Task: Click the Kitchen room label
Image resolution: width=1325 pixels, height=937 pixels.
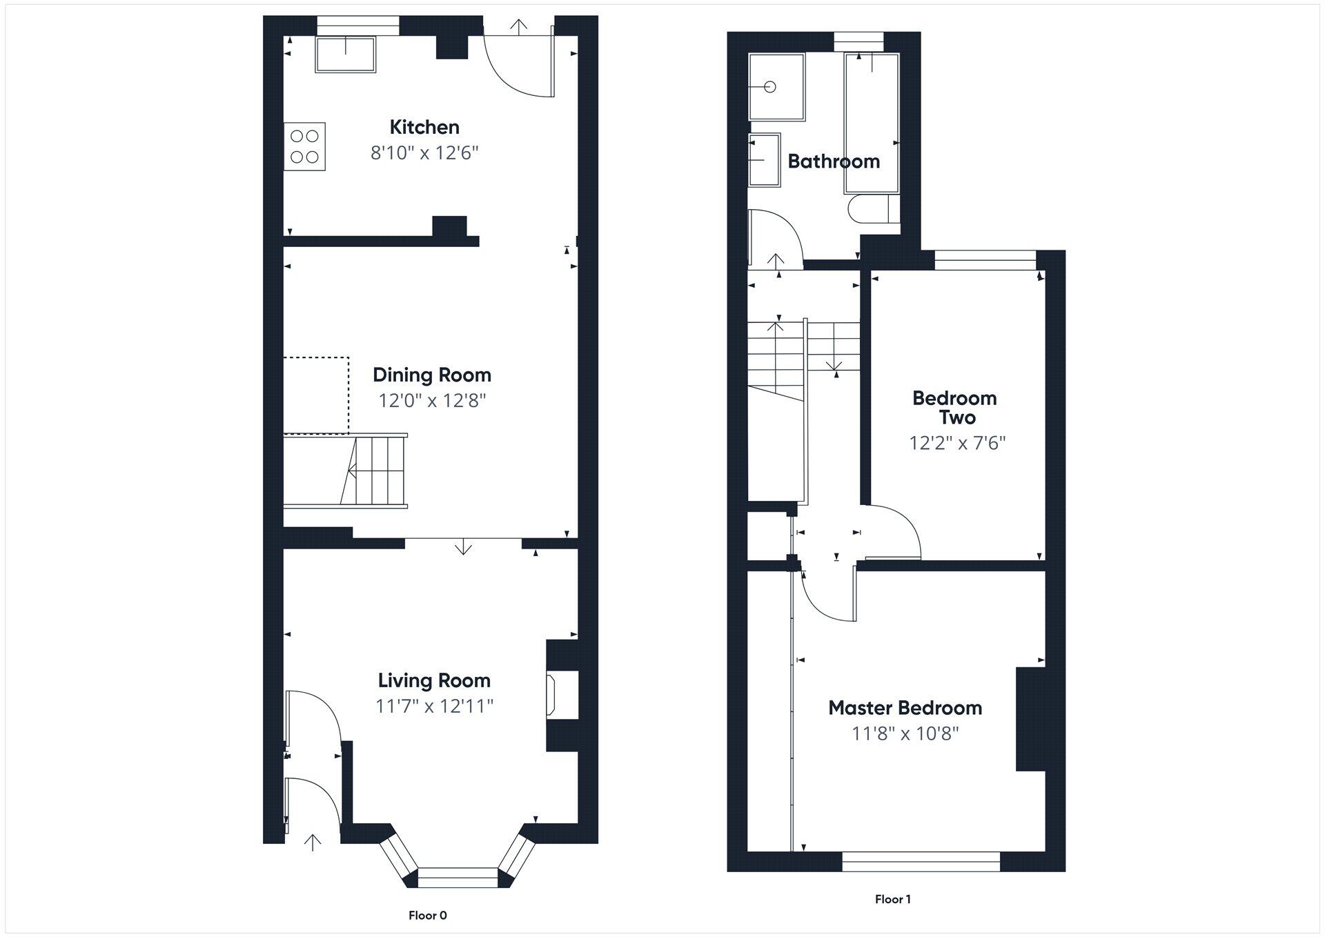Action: tap(424, 127)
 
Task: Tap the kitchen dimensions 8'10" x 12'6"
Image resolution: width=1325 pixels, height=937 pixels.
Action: tap(424, 152)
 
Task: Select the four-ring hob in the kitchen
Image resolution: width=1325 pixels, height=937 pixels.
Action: tap(304, 146)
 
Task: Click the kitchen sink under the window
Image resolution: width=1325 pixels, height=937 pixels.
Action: tap(346, 55)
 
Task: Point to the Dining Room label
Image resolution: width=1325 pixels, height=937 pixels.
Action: tap(432, 375)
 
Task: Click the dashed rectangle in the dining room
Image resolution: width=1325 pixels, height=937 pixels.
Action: tap(316, 395)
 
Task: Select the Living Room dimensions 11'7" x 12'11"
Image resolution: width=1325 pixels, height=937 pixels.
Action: tap(434, 706)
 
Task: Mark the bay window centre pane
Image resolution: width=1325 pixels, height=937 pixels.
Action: tap(458, 877)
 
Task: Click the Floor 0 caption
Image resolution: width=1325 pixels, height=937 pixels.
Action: tap(427, 916)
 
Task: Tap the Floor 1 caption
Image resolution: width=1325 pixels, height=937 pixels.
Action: tap(892, 899)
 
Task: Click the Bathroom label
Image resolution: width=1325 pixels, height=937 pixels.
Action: tap(834, 161)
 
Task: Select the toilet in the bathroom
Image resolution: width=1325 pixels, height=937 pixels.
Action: tap(872, 209)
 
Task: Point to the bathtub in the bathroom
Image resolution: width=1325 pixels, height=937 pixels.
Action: tap(872, 123)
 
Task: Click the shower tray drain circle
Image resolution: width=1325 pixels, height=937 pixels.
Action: tap(770, 86)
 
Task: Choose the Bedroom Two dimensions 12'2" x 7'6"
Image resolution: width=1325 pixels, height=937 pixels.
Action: tap(957, 442)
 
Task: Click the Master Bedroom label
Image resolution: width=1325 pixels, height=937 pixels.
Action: tap(905, 708)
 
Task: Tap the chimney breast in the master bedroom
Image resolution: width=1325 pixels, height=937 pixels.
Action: tap(1030, 718)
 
